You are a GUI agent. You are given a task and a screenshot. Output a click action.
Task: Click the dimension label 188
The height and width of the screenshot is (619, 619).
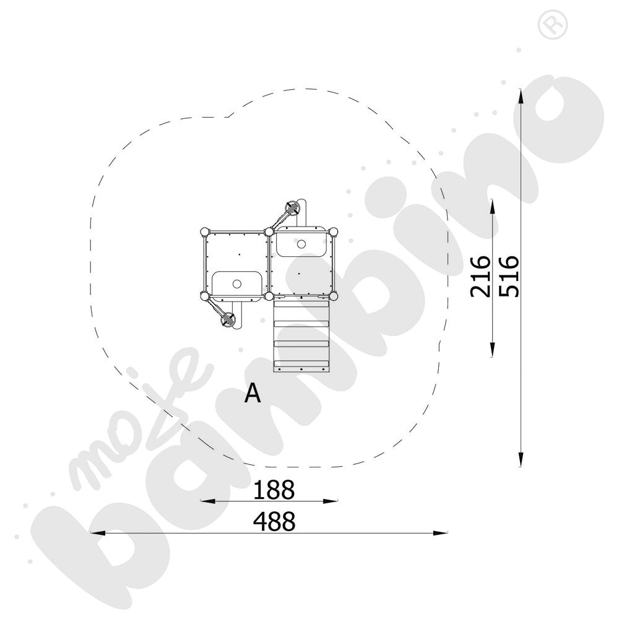274,490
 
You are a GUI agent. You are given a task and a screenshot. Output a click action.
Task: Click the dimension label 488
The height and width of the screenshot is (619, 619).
274,521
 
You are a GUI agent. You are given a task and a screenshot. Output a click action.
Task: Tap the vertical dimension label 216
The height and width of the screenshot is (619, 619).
480,276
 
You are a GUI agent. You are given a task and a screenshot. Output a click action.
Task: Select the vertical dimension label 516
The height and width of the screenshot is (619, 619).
509,276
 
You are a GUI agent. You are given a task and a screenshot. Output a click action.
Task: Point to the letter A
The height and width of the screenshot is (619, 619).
253,393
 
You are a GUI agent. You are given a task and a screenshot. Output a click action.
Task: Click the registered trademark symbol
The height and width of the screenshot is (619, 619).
553,25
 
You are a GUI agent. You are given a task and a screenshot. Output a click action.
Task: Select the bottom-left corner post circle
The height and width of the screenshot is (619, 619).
204,296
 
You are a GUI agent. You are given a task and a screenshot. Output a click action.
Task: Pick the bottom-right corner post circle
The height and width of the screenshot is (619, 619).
334,296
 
